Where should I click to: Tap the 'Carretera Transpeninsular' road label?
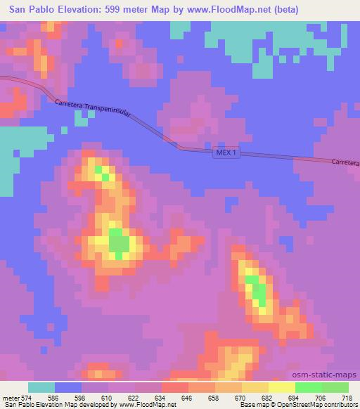103,115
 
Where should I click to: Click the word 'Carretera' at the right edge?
345,163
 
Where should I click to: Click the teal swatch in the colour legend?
41,387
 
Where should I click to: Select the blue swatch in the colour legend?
68,387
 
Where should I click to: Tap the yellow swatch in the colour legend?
282,387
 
